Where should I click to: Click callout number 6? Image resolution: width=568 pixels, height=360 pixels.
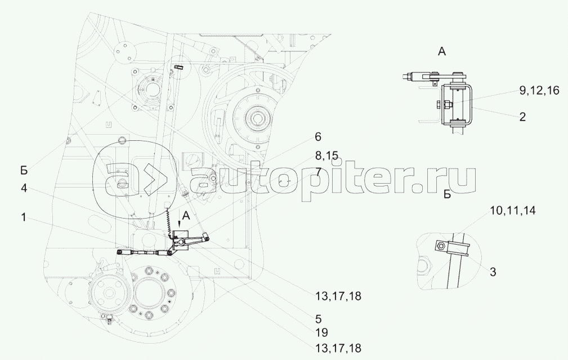point(317,137)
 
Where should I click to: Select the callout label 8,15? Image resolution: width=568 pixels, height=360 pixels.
point(327,156)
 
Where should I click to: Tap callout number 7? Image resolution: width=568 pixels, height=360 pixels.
point(317,171)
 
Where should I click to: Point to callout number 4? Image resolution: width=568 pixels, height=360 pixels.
point(24,189)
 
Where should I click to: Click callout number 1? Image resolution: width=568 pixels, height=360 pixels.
point(23,218)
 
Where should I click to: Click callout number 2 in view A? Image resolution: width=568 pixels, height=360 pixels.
point(522,117)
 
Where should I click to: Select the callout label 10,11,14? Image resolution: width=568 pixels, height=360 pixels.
point(513,210)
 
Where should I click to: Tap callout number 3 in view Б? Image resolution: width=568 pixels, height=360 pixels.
point(493,272)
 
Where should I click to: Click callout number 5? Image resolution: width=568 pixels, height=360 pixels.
point(318,319)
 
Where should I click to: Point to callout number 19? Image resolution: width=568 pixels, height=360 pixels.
point(321,332)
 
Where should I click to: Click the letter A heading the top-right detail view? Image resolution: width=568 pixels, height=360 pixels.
point(441,51)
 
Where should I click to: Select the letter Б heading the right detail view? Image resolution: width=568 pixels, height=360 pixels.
point(447,195)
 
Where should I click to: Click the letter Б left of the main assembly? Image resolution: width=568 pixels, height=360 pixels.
point(24,170)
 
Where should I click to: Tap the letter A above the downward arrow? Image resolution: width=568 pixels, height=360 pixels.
point(186,216)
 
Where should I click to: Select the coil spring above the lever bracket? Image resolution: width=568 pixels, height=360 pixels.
point(168,221)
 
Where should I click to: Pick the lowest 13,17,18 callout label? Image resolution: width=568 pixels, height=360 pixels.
point(338,348)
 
